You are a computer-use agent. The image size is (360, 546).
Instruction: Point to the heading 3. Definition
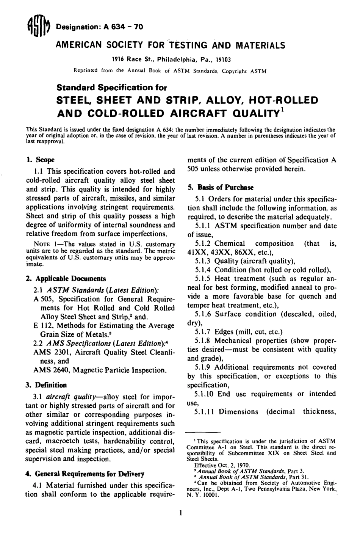tap(45, 385)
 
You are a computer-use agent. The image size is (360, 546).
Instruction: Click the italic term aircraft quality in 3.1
tap(71, 397)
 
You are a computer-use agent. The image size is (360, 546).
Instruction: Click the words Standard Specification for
tap(111, 88)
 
